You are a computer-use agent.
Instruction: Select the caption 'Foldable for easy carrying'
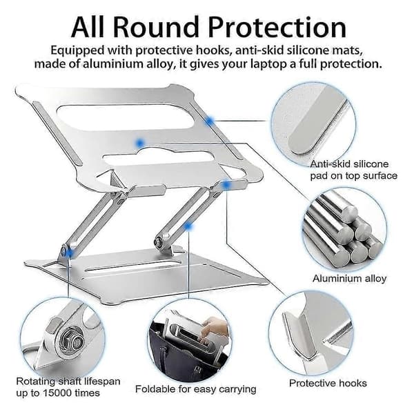point(196,389)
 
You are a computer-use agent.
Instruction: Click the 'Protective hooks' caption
point(328,383)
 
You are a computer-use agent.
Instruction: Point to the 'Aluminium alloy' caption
point(349,279)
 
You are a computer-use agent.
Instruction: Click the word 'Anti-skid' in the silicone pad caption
point(330,164)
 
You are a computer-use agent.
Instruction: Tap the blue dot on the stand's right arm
point(188,226)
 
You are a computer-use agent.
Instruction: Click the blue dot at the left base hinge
point(69,253)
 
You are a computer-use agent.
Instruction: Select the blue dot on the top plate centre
point(139,144)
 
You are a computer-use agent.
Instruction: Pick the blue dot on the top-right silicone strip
point(209,121)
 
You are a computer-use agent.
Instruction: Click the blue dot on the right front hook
point(226,185)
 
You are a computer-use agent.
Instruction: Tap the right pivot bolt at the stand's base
point(159,241)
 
